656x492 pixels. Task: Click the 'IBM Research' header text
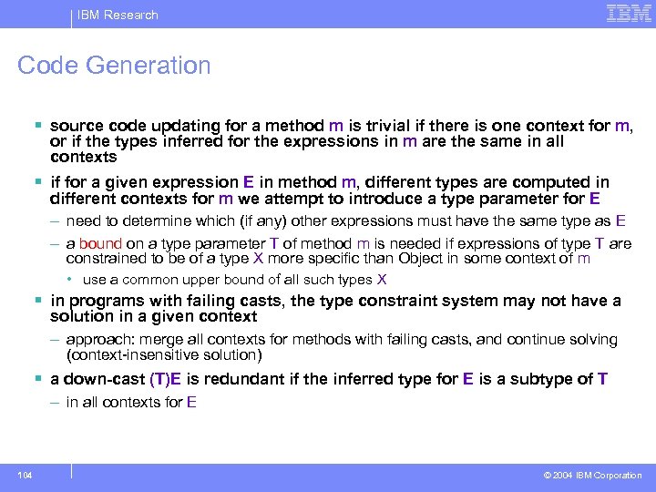click(118, 15)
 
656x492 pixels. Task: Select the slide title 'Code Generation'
click(114, 66)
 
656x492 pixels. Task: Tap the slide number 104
click(24, 475)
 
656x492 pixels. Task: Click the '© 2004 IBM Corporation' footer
click(592, 475)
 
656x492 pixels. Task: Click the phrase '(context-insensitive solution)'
click(164, 354)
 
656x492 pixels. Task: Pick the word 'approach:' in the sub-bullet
click(97, 340)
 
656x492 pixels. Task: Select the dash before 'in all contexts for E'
click(56, 402)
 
